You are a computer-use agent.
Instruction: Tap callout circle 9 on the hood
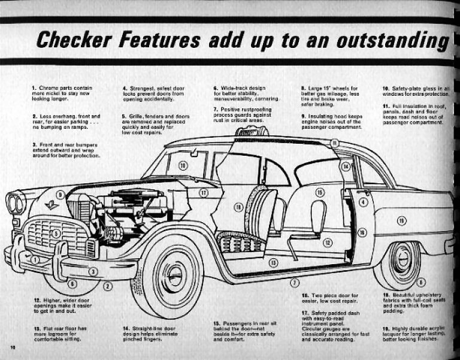click(x=60, y=195)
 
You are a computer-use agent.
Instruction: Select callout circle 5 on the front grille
click(x=56, y=234)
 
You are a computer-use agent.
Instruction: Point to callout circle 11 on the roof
click(x=335, y=143)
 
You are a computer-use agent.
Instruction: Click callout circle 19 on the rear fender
click(x=401, y=221)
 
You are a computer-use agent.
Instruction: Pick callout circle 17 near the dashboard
click(x=204, y=193)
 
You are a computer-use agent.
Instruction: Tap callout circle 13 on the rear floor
click(x=273, y=262)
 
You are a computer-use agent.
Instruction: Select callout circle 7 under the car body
click(x=294, y=282)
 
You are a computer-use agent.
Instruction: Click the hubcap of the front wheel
click(x=174, y=275)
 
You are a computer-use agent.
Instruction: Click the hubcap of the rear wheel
click(x=402, y=258)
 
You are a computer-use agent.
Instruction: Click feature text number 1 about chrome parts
click(x=62, y=95)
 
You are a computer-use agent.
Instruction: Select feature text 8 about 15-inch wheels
click(x=330, y=95)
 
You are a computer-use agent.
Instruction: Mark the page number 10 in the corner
click(x=12, y=348)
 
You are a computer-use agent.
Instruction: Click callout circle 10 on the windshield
click(x=183, y=165)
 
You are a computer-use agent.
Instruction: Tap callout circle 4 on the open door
click(x=363, y=202)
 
